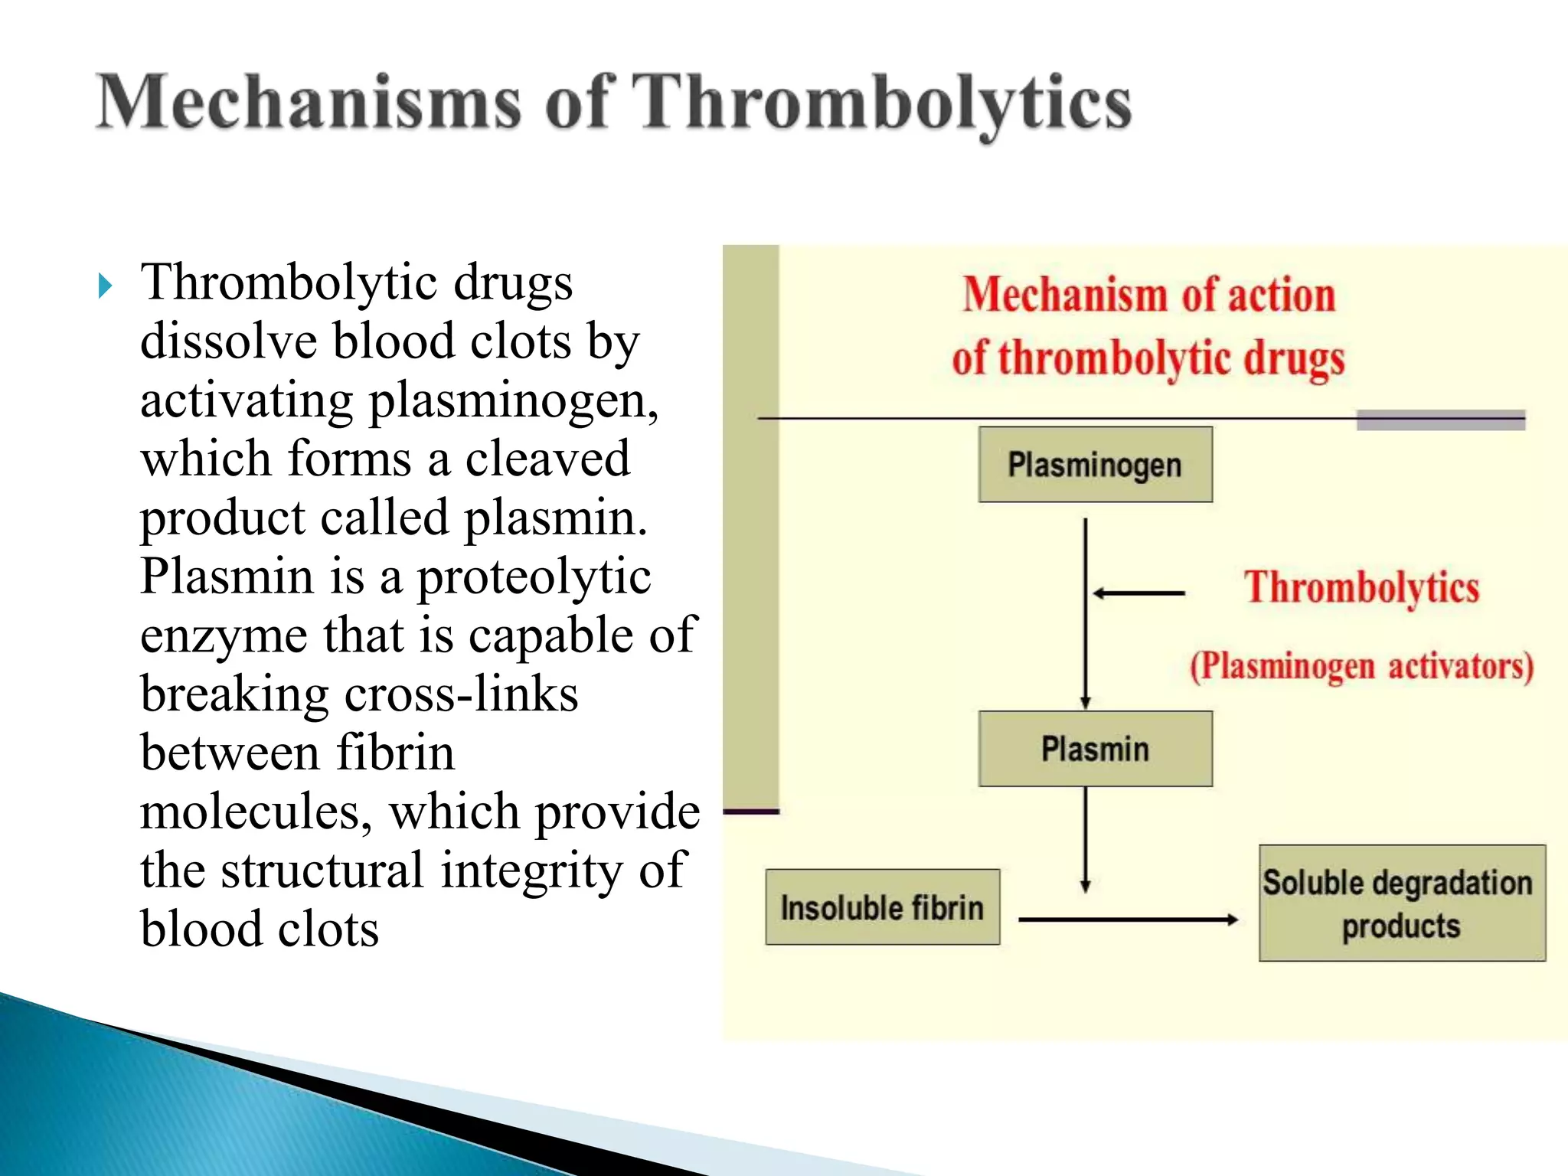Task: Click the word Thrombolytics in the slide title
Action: coord(884,103)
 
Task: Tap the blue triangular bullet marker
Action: coord(106,286)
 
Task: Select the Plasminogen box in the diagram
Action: coord(1095,465)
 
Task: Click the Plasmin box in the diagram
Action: coord(1095,749)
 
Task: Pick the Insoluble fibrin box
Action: coord(882,907)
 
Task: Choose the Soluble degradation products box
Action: coord(1401,903)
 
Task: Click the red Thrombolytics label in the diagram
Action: coord(1361,588)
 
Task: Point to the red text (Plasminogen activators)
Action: coord(1361,666)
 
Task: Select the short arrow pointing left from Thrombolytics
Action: coord(1138,593)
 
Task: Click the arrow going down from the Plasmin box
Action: coord(1085,838)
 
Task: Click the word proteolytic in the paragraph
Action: coord(534,578)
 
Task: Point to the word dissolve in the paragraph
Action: coord(228,341)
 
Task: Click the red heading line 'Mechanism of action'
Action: coord(1148,296)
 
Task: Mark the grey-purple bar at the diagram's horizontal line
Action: coord(1440,420)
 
